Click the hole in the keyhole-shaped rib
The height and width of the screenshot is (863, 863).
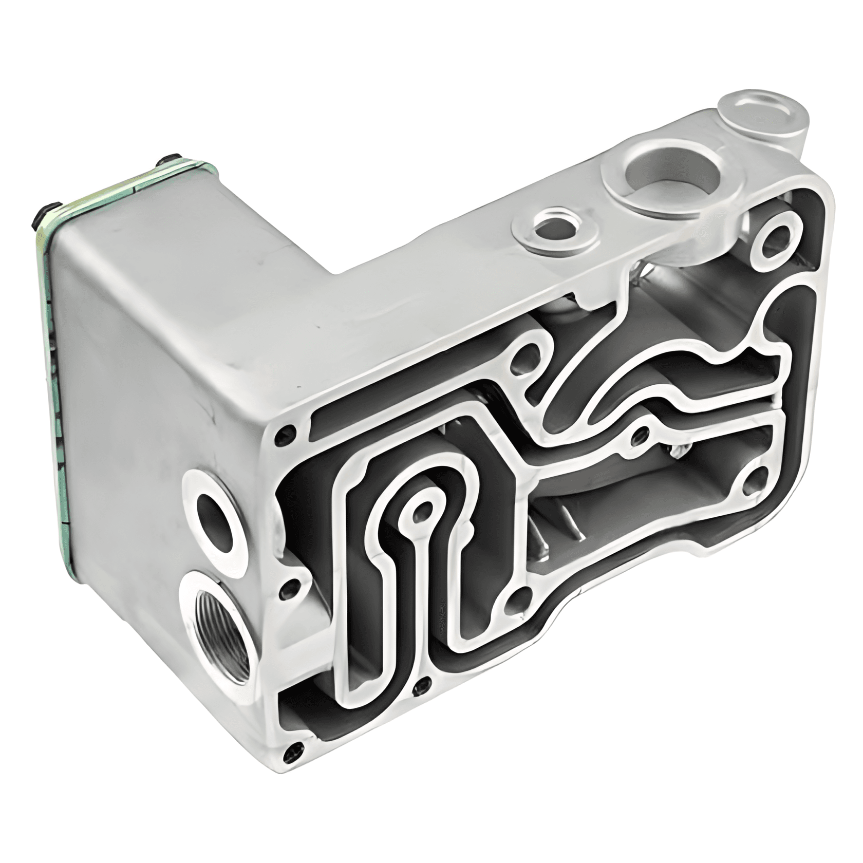click(x=422, y=510)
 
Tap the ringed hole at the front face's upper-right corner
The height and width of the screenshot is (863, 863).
click(x=778, y=240)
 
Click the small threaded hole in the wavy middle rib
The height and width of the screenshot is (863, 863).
click(x=639, y=435)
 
